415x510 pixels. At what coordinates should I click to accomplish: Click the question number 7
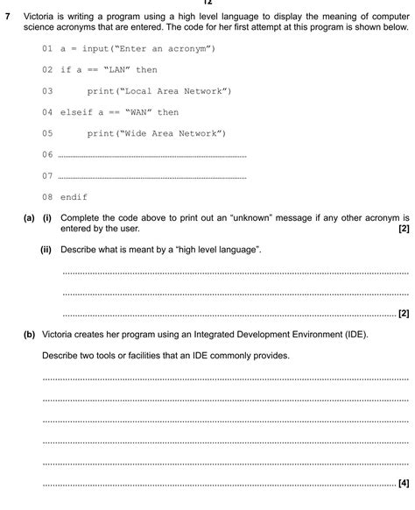8,16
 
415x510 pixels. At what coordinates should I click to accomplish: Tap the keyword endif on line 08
74,197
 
